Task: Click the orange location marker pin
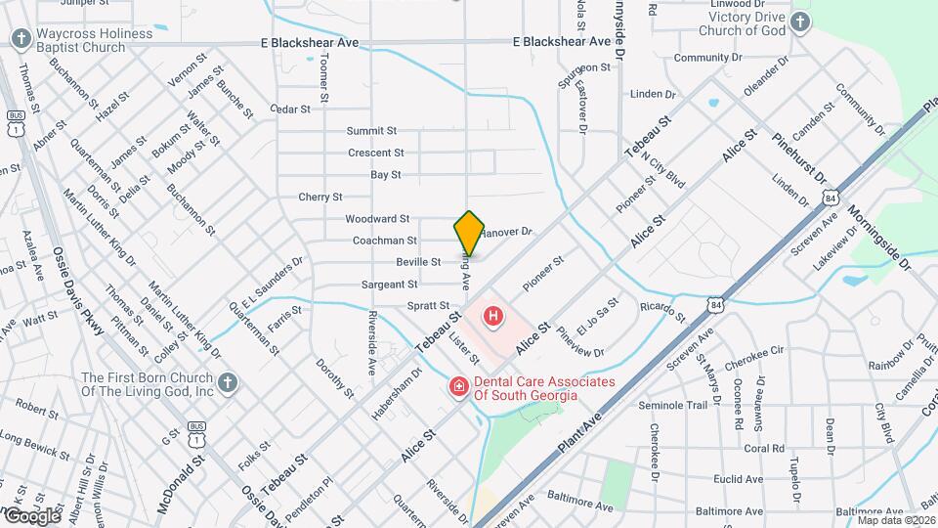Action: click(469, 233)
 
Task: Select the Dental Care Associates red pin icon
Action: click(458, 388)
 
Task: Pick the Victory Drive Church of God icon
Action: click(800, 22)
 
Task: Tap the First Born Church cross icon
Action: click(227, 381)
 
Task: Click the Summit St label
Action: click(371, 130)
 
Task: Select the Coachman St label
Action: click(385, 240)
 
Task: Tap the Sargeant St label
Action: click(390, 284)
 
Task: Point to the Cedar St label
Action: click(290, 109)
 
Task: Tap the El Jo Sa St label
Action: click(597, 316)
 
